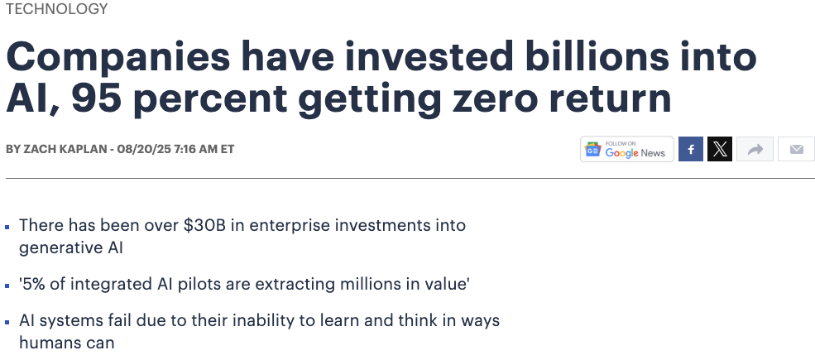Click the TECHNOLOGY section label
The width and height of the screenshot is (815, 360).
point(56,9)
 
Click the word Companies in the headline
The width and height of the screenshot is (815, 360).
point(118,57)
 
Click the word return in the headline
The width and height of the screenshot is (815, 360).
point(610,98)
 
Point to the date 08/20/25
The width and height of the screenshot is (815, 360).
point(144,149)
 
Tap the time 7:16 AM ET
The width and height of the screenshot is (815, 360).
point(204,149)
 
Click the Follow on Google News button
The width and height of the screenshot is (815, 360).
point(627,149)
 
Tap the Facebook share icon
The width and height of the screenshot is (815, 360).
point(691,149)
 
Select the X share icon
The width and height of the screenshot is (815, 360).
point(720,149)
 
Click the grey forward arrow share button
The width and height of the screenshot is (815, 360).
point(755,149)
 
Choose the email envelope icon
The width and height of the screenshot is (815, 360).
point(796,149)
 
